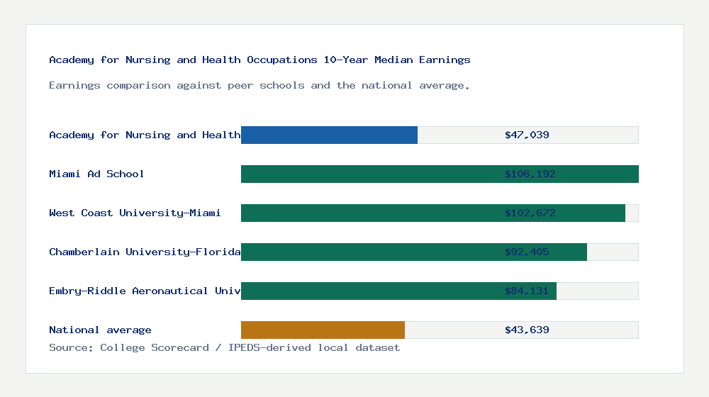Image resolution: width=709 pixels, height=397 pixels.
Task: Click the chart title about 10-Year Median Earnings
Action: [259, 60]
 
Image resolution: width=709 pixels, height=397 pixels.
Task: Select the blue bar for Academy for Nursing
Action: [329, 135]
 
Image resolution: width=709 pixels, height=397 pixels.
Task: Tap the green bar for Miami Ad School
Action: [369, 174]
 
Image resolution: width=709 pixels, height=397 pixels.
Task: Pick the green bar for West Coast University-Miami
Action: [369, 213]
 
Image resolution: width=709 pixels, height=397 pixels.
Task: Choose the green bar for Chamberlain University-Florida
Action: [369, 252]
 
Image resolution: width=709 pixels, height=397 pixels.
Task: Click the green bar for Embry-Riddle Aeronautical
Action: [369, 291]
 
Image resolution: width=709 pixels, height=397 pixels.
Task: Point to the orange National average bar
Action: [323, 330]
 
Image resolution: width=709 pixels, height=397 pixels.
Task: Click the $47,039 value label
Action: [527, 135]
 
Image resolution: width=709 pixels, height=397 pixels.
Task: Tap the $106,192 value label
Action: [527, 174]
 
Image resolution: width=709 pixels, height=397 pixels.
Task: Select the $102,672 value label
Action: [527, 213]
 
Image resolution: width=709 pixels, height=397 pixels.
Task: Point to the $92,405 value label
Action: [527, 252]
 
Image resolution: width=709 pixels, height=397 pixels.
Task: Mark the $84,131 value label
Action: [527, 291]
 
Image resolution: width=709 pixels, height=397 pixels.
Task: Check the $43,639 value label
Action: [527, 330]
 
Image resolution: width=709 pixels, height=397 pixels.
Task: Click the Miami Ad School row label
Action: [96, 174]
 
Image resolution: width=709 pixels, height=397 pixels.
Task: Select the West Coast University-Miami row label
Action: [135, 213]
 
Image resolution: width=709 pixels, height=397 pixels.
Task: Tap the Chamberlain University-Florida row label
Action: [145, 252]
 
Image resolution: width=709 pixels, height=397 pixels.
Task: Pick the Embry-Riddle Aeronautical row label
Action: [145, 291]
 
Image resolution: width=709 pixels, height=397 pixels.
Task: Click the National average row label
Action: [100, 330]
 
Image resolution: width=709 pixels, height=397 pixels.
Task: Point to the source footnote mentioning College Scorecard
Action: [224, 347]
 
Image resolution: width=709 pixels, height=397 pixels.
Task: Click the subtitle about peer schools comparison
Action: [259, 85]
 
